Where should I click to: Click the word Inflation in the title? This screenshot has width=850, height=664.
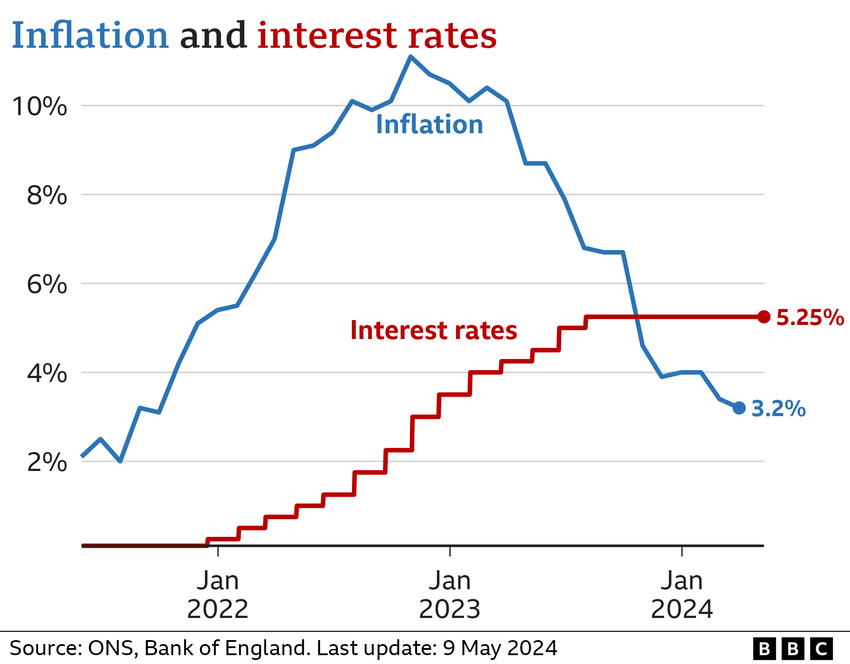[90, 35]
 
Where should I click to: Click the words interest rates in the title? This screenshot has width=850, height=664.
[377, 35]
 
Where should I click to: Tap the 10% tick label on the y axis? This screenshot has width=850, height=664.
[40, 107]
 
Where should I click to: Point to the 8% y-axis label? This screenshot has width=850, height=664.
[46, 195]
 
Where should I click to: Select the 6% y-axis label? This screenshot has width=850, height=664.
[46, 284]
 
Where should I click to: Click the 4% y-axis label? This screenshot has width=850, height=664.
[46, 373]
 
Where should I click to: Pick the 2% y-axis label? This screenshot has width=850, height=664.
[46, 463]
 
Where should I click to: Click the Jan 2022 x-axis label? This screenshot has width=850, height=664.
[217, 595]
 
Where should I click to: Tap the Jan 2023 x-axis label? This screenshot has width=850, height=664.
[449, 595]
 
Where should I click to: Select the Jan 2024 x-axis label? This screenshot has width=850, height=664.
[682, 595]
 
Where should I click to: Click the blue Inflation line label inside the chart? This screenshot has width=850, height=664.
[429, 124]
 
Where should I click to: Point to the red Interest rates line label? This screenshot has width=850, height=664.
[433, 330]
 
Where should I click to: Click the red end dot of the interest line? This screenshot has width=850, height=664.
[764, 317]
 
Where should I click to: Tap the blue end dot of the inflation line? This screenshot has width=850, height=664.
[739, 408]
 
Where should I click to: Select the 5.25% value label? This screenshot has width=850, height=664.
[810, 317]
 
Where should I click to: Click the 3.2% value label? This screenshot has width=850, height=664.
[778, 408]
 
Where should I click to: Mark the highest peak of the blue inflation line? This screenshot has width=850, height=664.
[410, 57]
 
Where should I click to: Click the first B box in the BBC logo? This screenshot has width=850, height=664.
[764, 649]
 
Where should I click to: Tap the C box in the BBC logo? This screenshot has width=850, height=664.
[821, 649]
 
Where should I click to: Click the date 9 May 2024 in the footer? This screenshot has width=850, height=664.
[499, 648]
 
